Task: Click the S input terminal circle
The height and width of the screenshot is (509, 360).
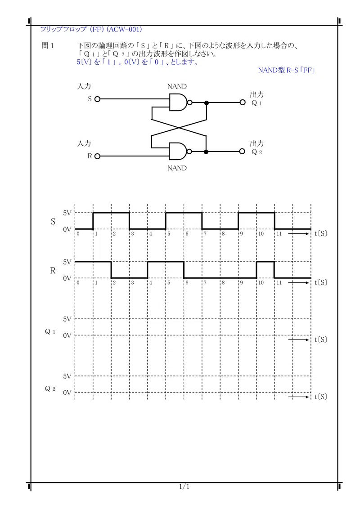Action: (97, 99)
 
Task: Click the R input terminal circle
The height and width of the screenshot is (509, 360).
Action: (97, 156)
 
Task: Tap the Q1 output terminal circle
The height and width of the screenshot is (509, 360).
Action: (243, 102)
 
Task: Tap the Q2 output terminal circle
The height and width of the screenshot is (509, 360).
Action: (242, 151)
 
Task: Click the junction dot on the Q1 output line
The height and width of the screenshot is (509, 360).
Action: (206, 103)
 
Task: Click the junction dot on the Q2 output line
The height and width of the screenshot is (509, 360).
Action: (206, 152)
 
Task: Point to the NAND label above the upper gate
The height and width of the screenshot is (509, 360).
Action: (177, 86)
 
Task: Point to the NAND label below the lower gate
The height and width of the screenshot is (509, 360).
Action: (177, 168)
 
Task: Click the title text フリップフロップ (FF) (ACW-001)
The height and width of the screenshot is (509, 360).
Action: (91, 29)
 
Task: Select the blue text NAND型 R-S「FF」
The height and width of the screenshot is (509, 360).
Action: (287, 70)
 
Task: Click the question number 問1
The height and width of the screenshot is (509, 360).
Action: (47, 45)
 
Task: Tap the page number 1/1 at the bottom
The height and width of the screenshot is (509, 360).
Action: (184, 486)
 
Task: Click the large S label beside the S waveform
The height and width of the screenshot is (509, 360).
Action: (53, 221)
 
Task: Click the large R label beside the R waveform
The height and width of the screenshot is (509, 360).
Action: (53, 270)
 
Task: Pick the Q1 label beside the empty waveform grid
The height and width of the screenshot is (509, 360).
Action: (50, 332)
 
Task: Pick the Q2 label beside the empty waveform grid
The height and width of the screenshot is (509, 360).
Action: (50, 389)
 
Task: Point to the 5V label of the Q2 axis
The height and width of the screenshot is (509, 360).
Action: (67, 376)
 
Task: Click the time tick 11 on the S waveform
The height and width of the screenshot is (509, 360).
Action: (279, 234)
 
